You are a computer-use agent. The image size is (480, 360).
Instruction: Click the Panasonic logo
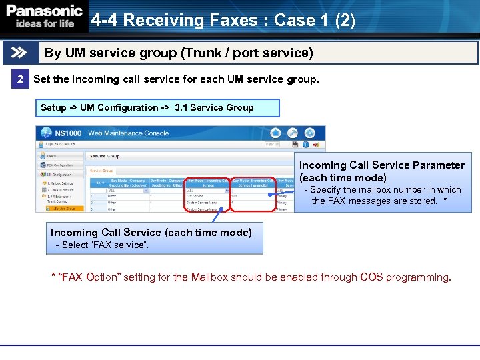pos(44,11)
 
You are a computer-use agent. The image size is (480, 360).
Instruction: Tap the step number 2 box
pos(20,79)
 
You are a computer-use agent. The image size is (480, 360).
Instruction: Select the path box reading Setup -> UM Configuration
pos(157,108)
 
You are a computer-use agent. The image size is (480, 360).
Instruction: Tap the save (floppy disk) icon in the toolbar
pos(295,145)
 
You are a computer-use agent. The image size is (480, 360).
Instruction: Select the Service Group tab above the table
pos(101,171)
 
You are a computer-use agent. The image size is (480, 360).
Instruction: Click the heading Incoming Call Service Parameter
pos(381,165)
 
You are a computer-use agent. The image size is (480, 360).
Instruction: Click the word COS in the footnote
pos(371,277)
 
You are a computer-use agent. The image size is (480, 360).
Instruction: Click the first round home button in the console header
pos(275,133)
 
